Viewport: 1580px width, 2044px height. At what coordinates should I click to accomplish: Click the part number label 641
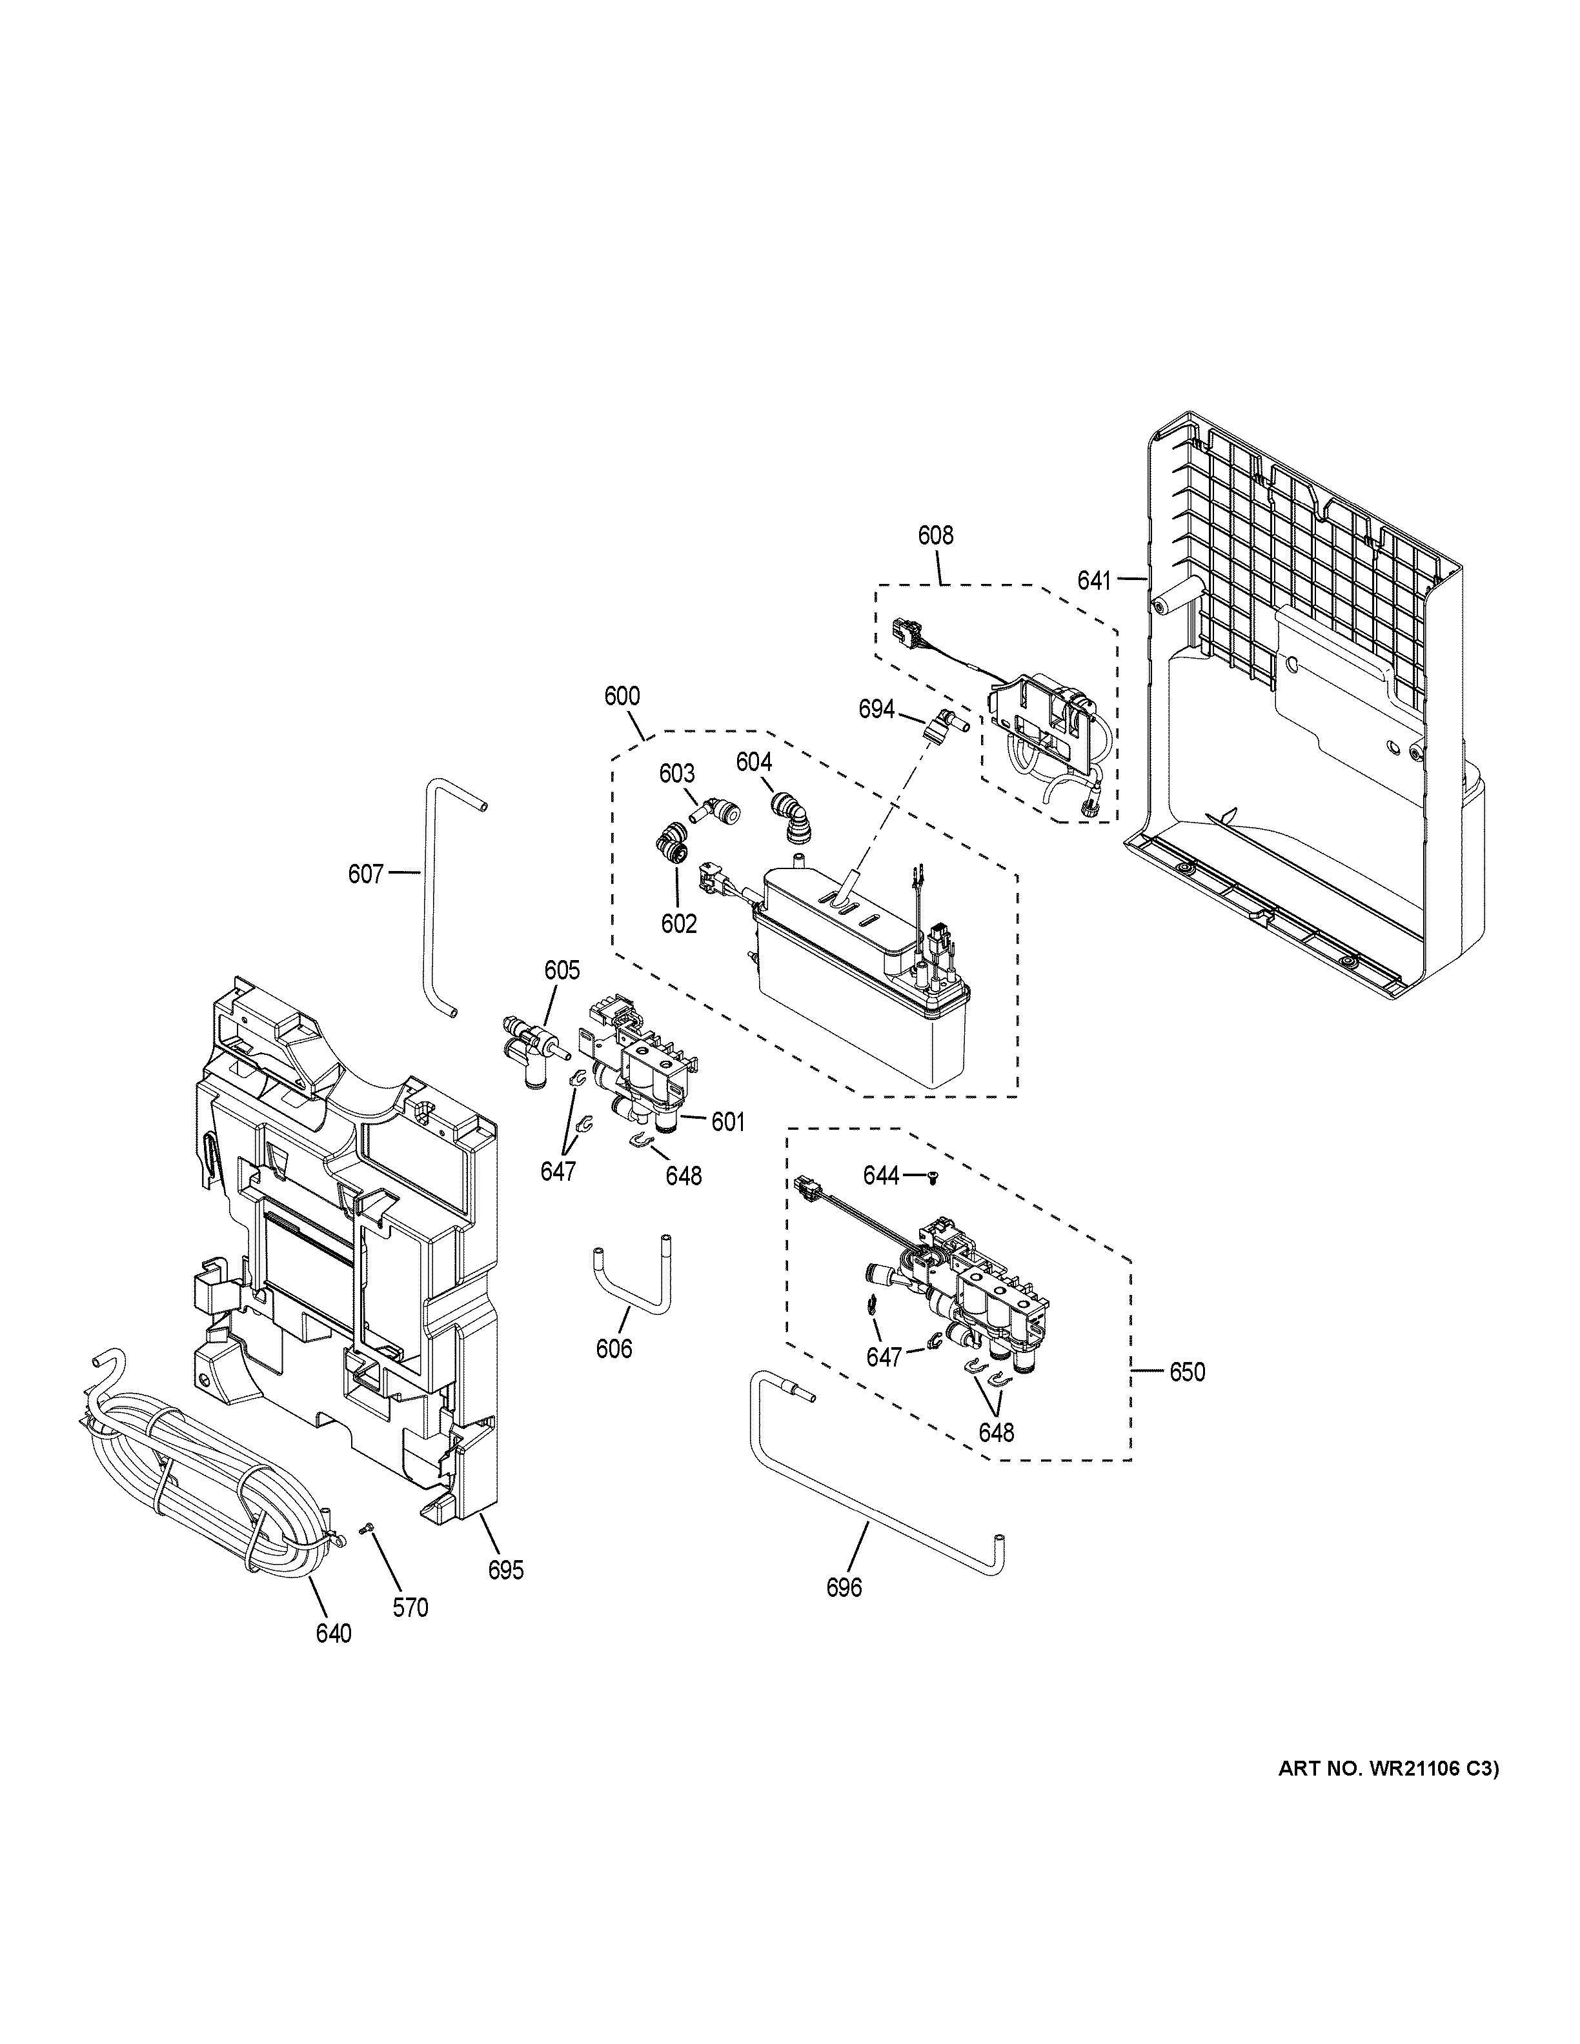tap(1093, 581)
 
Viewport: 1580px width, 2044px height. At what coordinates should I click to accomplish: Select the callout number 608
tap(935, 536)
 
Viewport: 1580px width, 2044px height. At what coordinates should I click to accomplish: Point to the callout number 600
tap(622, 696)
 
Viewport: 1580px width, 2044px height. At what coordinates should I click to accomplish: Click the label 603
tap(677, 774)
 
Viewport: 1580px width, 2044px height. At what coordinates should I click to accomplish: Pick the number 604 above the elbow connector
tap(753, 763)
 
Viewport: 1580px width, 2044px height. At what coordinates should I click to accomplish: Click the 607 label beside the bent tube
tap(366, 874)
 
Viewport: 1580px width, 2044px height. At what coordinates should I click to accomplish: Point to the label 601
tap(727, 1121)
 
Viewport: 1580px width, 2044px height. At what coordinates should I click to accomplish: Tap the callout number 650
tap(1187, 1373)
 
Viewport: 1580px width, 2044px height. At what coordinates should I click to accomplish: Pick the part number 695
tap(505, 1570)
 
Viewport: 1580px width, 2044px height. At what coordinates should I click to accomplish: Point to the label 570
tap(410, 1608)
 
